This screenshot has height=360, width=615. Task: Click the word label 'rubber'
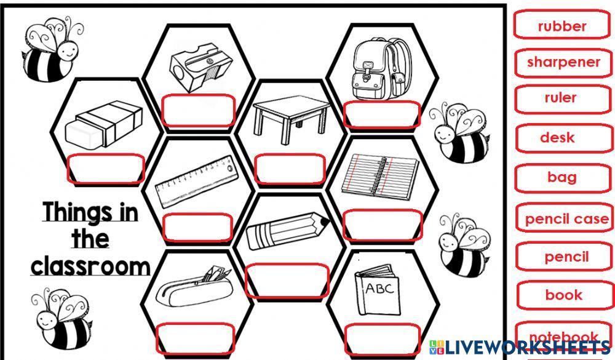click(562, 26)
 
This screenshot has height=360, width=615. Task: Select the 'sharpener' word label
click(563, 62)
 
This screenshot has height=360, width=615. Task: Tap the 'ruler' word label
click(560, 98)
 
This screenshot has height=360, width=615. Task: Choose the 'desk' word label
click(557, 138)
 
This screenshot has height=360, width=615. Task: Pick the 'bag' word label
click(562, 177)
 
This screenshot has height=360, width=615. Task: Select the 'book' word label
click(563, 295)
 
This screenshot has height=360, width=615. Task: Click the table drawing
click(289, 117)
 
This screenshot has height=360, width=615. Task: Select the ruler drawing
click(194, 183)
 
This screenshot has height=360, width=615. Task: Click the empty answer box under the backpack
click(382, 114)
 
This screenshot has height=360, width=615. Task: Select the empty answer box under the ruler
click(198, 228)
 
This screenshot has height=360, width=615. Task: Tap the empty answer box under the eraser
click(105, 168)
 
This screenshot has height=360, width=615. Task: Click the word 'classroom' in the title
click(90, 266)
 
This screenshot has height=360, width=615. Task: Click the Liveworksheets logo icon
click(436, 346)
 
